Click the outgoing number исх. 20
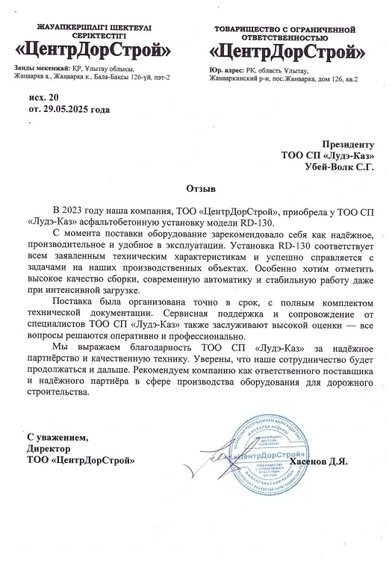(41, 98)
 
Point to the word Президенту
(347, 143)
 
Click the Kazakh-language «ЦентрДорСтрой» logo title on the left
(93, 51)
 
